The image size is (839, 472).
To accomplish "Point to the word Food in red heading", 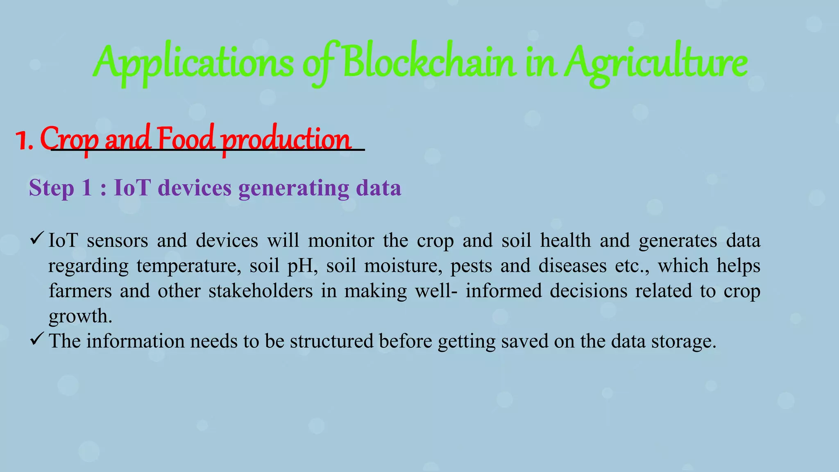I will point(185,138).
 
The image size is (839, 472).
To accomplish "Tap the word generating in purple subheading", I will point(293,188).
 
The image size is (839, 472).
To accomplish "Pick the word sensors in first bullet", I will point(117,241).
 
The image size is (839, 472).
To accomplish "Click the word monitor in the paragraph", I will point(341,241).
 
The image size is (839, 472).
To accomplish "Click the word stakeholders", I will point(261,291).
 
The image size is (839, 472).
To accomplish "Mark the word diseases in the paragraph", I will point(572,266).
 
